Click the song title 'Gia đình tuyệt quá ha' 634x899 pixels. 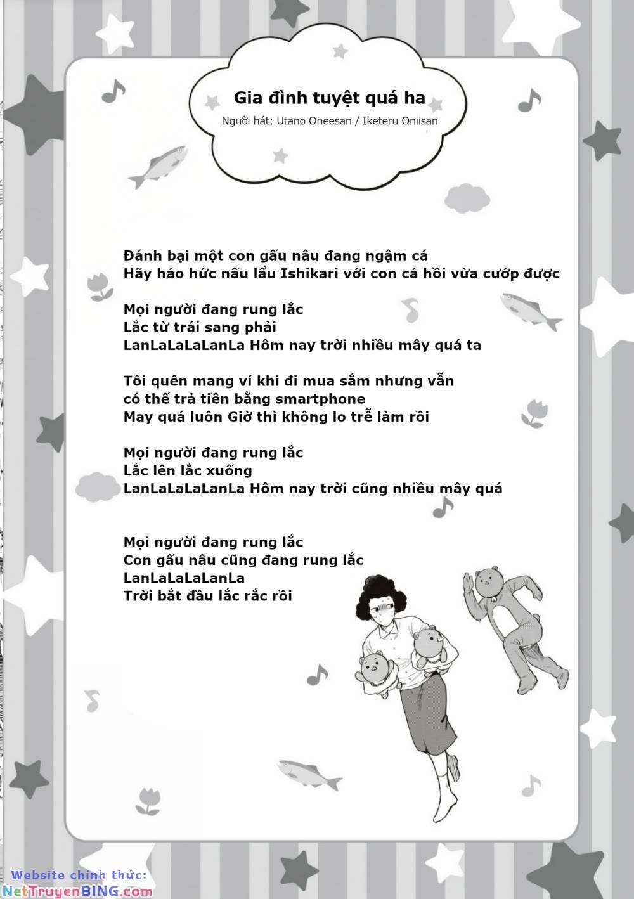329,98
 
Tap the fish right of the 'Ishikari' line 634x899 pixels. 530,310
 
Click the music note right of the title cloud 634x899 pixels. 529,100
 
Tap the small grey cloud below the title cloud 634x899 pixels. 467,198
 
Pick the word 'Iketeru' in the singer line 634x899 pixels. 381,120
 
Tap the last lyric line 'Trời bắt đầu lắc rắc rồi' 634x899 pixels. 208,596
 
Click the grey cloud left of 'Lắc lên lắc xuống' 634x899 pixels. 98,486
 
